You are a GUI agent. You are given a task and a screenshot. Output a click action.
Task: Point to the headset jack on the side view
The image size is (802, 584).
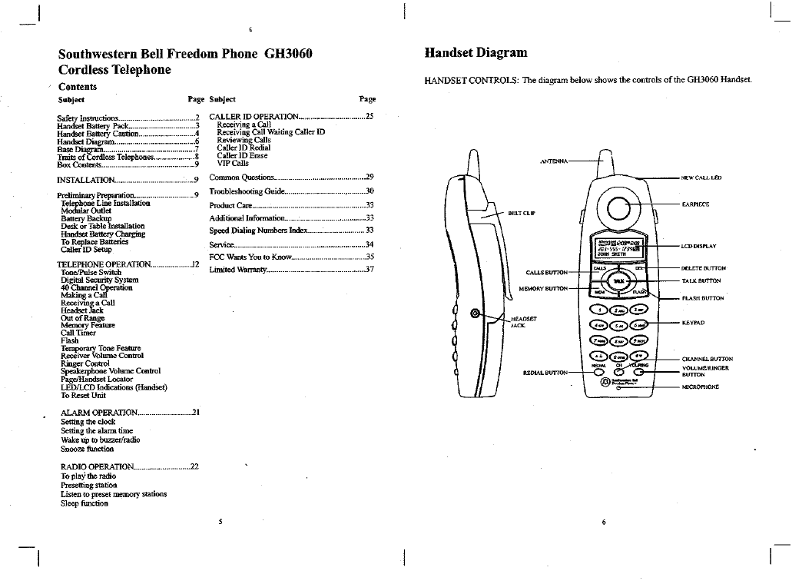476,314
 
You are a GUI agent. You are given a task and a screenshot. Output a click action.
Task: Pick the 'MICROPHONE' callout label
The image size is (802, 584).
700,387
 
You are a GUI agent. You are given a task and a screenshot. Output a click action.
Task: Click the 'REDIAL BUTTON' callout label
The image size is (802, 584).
545,373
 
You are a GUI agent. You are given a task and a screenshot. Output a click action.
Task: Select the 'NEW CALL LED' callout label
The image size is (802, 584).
702,178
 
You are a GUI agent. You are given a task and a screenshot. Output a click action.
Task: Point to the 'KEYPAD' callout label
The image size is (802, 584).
693,323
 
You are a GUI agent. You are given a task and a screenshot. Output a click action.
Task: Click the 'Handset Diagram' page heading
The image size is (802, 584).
476,53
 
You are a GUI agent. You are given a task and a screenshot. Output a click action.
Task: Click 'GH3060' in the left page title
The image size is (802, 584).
288,54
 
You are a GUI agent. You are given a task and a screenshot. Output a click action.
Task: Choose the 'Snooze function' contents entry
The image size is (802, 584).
87,449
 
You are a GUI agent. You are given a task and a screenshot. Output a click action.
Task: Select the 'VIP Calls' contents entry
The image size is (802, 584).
233,163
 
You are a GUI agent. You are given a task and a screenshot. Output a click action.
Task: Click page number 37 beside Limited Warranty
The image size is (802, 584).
369,270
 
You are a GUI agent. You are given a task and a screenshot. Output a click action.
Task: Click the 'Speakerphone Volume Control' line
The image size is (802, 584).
111,371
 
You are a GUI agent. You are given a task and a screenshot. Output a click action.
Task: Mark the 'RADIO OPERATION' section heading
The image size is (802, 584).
98,466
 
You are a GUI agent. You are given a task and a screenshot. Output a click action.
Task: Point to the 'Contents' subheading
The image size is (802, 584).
78,87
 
